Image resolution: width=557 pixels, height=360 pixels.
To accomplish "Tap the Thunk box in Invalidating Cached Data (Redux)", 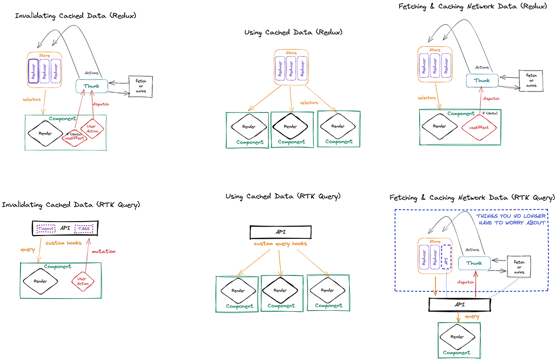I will [91, 86].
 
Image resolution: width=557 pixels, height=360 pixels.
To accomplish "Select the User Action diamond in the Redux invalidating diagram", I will [91, 129].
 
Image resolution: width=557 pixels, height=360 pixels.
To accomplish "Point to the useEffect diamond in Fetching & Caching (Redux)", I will [479, 127].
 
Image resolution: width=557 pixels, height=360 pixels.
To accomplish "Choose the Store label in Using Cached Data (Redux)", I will [291, 53].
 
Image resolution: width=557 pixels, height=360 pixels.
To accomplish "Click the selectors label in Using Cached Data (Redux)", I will [309, 103].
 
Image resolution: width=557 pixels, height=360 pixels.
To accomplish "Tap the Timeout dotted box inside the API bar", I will [46, 229].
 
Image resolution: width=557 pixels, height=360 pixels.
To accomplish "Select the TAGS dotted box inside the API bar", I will [84, 229].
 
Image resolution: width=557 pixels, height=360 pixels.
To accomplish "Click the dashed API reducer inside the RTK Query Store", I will [446, 262].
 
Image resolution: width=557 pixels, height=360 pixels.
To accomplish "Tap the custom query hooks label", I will [279, 244].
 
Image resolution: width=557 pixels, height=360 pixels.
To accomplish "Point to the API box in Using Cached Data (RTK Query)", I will [280, 232].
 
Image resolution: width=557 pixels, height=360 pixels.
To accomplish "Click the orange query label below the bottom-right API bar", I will [472, 316].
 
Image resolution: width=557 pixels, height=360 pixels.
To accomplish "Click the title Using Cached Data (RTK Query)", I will [283, 196].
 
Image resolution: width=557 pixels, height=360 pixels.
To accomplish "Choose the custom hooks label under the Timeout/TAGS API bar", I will [64, 243].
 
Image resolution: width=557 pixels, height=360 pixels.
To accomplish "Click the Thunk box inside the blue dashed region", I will [474, 263].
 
